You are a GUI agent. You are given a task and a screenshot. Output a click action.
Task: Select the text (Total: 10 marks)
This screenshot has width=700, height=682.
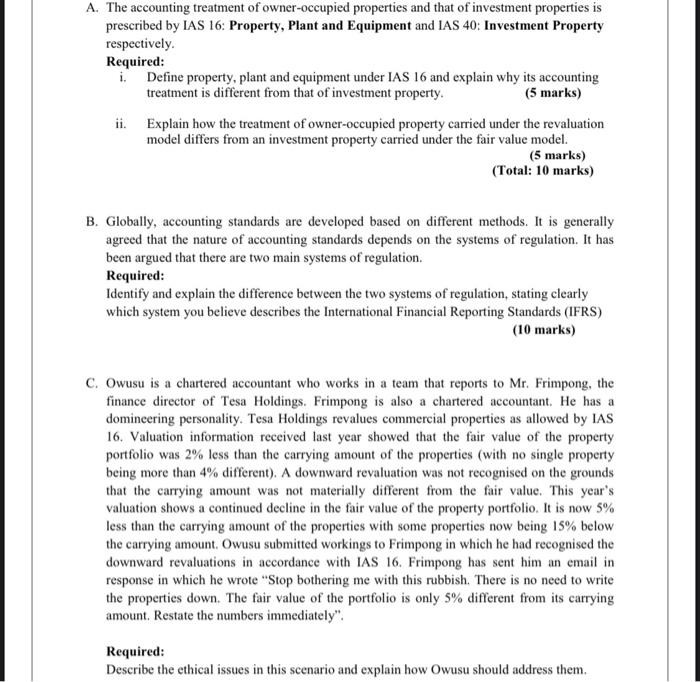pyautogui.click(x=543, y=171)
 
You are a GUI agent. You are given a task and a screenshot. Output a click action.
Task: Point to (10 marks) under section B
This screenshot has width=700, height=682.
pyautogui.click(x=543, y=328)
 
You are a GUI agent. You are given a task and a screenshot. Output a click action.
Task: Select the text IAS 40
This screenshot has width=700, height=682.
pyautogui.click(x=455, y=25)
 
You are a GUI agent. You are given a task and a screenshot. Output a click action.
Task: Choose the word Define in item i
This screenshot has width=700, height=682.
pyautogui.click(x=166, y=77)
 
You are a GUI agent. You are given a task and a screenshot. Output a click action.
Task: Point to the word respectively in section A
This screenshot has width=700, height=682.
pyautogui.click(x=140, y=45)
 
